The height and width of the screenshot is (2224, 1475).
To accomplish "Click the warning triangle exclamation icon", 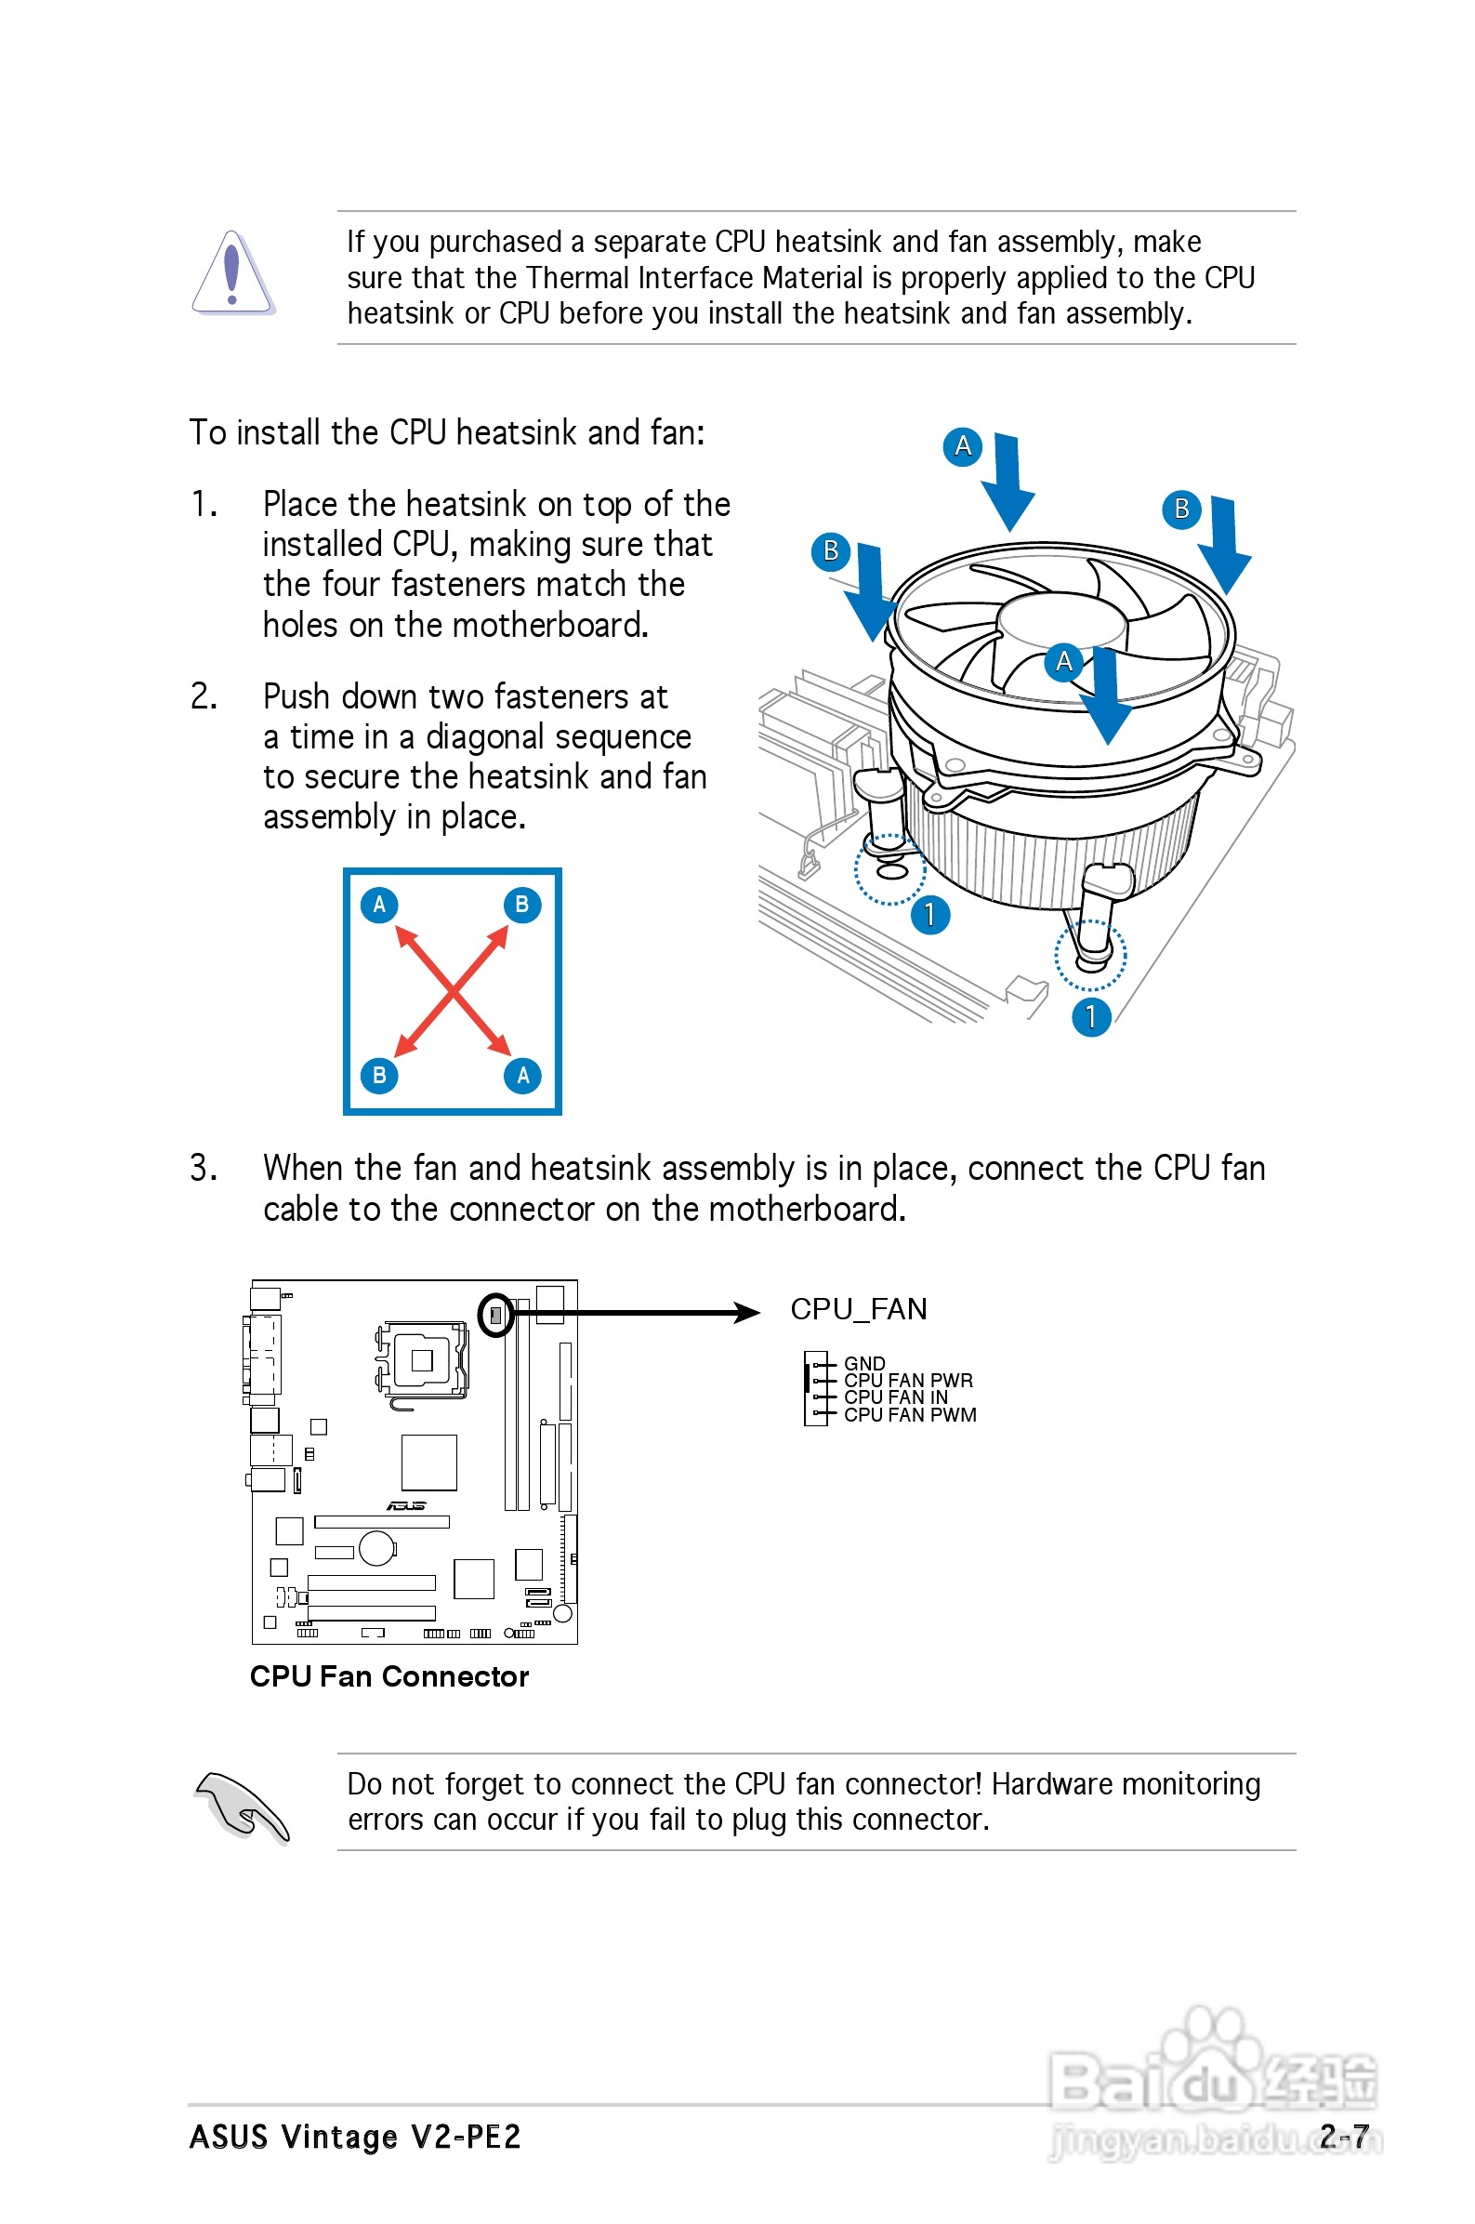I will click(232, 272).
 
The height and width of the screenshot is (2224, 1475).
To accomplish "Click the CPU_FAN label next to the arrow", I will click(858, 1308).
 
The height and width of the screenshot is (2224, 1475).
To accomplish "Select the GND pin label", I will click(863, 1362).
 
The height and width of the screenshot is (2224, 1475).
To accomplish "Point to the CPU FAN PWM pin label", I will click(910, 1415).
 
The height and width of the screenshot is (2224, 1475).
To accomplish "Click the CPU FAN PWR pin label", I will click(908, 1380).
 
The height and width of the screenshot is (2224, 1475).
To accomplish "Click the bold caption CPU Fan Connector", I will click(389, 1676).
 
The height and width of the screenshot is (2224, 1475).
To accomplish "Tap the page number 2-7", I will click(1343, 2136).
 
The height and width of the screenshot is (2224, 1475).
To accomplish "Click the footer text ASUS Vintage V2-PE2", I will click(355, 2137).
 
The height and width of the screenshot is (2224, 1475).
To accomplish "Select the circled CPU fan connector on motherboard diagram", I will click(495, 1315).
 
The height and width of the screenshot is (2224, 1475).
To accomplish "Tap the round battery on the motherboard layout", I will click(377, 1547).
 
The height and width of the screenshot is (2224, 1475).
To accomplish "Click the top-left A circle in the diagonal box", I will click(379, 904).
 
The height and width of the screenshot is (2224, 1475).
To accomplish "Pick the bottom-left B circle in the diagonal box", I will click(379, 1075).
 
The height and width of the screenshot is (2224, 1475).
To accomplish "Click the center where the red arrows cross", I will click(453, 990).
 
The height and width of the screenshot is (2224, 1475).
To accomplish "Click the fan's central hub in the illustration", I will click(1060, 622).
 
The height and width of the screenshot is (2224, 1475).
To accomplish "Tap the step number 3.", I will click(203, 1168).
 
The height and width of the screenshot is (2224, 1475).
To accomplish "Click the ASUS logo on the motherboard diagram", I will click(406, 1505).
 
